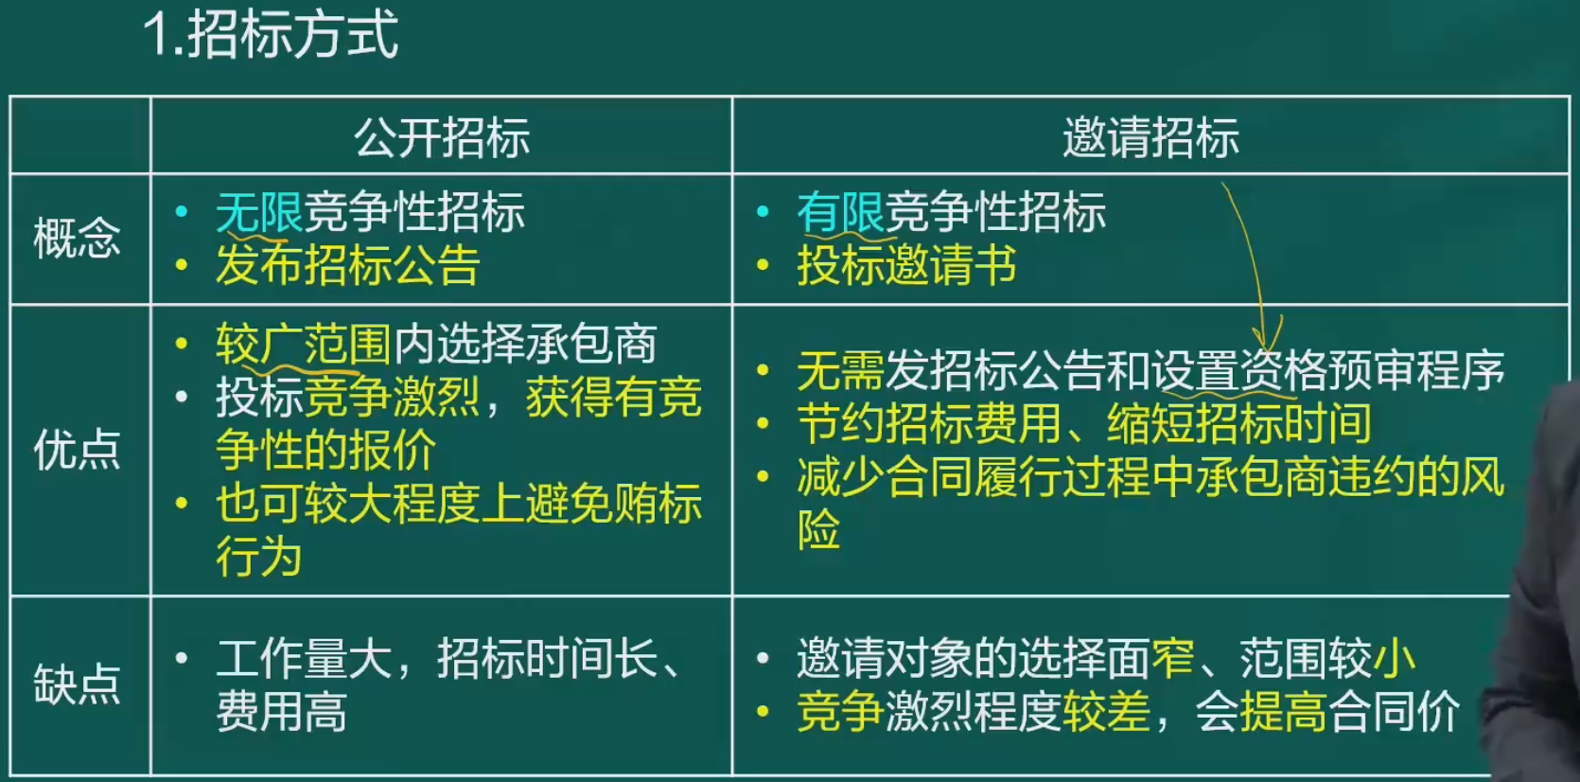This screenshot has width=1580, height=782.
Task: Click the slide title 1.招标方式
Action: [271, 34]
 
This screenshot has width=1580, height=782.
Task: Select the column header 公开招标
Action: [442, 137]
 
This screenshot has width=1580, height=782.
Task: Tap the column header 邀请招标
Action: [1150, 137]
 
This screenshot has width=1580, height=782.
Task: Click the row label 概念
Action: [77, 238]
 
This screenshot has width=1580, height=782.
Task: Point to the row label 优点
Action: [77, 450]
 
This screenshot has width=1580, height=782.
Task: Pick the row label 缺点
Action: [77, 684]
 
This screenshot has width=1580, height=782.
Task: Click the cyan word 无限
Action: [259, 212]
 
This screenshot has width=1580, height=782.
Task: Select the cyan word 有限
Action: [841, 212]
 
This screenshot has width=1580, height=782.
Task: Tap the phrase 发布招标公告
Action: [348, 265]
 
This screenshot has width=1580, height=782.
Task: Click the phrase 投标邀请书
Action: [907, 265]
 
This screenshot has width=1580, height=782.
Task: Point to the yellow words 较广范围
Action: [304, 345]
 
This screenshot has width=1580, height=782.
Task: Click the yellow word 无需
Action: [841, 370]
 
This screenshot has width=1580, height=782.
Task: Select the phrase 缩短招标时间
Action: [1240, 423]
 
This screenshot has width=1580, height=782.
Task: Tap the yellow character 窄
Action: [1173, 658]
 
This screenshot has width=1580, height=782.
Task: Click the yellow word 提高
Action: [1284, 711]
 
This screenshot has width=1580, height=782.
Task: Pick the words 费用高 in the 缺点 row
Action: [281, 711]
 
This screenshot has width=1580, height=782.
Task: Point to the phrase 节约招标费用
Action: [929, 423]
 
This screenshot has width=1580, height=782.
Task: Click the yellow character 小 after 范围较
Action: [1395, 658]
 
